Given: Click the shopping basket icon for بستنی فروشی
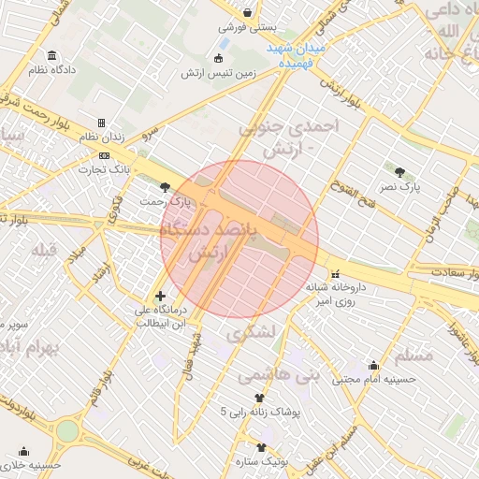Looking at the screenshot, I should tap(247, 13).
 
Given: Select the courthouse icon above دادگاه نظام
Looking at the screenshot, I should tap(50, 53).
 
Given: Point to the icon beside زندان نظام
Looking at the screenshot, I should tap(102, 123).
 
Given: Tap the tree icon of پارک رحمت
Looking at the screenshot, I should tap(166, 187).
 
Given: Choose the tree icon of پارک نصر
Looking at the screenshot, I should tap(400, 171).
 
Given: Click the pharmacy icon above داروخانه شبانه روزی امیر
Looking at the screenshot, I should tap(335, 273).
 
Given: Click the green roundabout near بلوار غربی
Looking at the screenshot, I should tap(66, 430).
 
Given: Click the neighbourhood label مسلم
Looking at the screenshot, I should tap(415, 356).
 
